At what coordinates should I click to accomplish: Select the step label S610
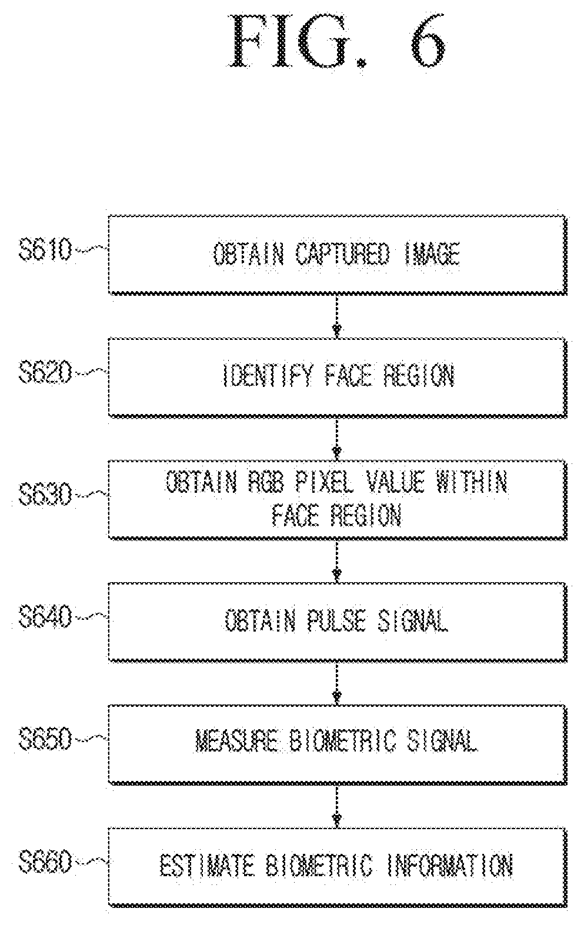coord(45,250)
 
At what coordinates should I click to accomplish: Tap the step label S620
coord(45,372)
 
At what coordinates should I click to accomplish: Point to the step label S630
coord(45,495)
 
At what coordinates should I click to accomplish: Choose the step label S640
coord(45,617)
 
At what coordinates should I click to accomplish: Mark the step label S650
coord(45,739)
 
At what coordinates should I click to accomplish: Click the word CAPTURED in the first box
coord(342,253)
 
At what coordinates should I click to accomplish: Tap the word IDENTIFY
coord(268,375)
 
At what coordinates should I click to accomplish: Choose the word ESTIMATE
coord(206,865)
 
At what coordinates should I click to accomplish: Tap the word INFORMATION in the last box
coord(450,865)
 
